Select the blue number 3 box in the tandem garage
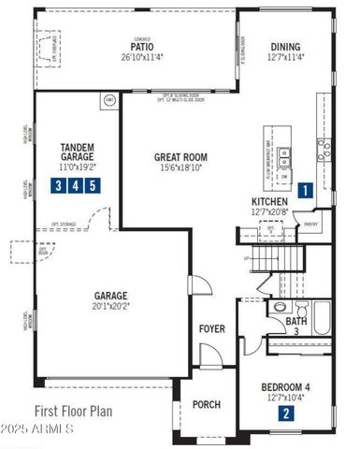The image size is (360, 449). tap(59, 185)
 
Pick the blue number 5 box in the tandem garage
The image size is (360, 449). tap(91, 185)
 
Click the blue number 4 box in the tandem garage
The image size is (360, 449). tap(75, 185)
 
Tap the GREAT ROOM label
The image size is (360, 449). tap(180, 157)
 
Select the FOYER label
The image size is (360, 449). tap(211, 328)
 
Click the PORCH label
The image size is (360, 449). tap(206, 405)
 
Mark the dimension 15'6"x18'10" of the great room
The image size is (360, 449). tap(180, 169)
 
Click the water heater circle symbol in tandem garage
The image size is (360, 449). tap(108, 99)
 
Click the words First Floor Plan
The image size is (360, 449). tap(74, 410)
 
